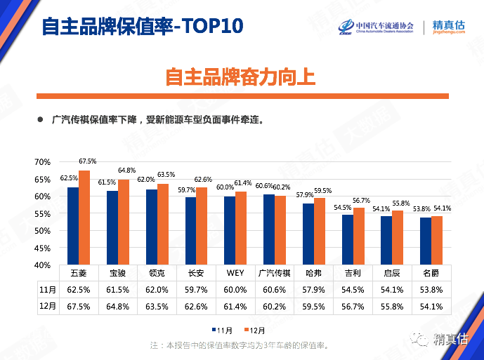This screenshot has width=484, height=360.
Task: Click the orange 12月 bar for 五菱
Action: tap(84, 218)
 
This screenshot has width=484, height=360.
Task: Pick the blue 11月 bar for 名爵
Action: tap(424, 241)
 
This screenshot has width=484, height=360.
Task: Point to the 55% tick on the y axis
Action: tap(41, 213)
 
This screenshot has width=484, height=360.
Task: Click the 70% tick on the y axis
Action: tap(41, 162)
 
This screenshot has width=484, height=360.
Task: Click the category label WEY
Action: tap(235, 272)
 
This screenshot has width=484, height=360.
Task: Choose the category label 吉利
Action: tap(353, 272)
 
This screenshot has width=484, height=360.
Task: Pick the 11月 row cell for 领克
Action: tap(157, 289)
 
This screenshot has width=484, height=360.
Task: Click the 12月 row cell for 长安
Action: tap(196, 306)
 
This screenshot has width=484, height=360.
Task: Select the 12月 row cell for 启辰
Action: tap(392, 306)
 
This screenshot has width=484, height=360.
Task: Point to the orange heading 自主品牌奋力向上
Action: tap(241, 76)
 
